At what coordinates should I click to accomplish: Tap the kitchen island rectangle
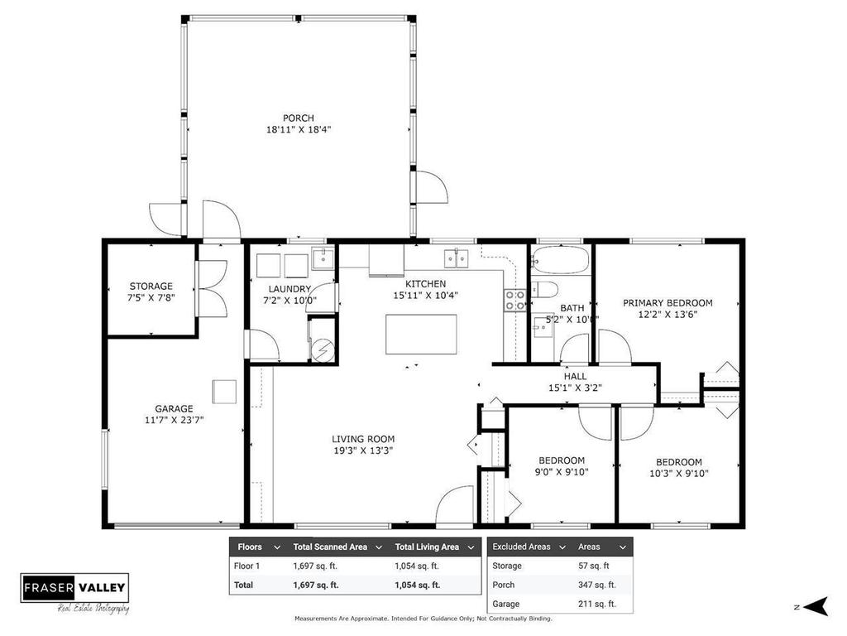click(421, 334)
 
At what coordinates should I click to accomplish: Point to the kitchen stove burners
click(514, 300)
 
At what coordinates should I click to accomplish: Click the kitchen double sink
click(456, 258)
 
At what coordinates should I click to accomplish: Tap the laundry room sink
click(323, 258)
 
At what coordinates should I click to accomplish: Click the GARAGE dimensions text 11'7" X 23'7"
click(174, 420)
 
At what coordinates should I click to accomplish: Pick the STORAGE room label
click(151, 287)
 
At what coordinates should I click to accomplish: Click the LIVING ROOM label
click(363, 439)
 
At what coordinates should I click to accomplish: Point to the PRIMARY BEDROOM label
click(668, 303)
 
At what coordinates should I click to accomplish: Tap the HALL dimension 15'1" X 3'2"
click(575, 388)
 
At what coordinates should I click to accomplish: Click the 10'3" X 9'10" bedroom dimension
click(679, 474)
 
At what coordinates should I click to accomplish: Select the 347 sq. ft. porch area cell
click(596, 585)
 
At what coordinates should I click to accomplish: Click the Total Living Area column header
click(427, 547)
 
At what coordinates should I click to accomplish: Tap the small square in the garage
click(224, 391)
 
